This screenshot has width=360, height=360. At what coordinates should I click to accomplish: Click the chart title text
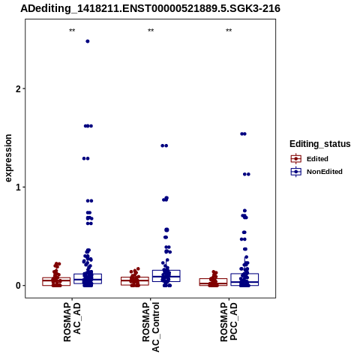(x=150, y=8)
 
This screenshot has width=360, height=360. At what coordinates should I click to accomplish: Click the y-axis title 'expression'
(x=8, y=158)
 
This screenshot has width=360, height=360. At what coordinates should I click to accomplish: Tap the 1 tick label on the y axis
(x=18, y=187)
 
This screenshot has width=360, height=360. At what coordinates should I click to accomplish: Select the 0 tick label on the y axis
(x=18, y=286)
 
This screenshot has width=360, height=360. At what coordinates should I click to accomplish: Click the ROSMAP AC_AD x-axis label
(x=72, y=322)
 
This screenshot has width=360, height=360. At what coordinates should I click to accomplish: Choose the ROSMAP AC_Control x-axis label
(x=151, y=327)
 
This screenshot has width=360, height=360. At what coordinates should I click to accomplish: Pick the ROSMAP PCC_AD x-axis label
(x=229, y=322)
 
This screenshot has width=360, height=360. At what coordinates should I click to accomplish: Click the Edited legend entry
(x=310, y=159)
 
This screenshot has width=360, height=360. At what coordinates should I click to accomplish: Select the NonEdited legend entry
(x=316, y=172)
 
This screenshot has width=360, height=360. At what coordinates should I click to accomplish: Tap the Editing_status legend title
(x=320, y=144)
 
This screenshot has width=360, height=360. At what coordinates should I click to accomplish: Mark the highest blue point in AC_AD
(x=88, y=41)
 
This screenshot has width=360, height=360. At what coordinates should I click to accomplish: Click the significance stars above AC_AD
(x=72, y=31)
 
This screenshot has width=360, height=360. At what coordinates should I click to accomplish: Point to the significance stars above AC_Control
(x=151, y=31)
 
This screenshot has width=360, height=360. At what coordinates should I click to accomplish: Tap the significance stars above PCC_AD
(x=229, y=31)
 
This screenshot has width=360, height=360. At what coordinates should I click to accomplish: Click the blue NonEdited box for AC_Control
(x=166, y=276)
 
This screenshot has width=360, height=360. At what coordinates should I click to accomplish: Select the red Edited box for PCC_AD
(x=213, y=282)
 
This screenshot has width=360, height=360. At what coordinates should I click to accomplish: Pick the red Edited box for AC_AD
(x=56, y=281)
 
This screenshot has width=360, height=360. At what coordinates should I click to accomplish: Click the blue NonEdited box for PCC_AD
(x=244, y=280)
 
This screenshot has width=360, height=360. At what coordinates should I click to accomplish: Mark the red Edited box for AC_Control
(x=135, y=281)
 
